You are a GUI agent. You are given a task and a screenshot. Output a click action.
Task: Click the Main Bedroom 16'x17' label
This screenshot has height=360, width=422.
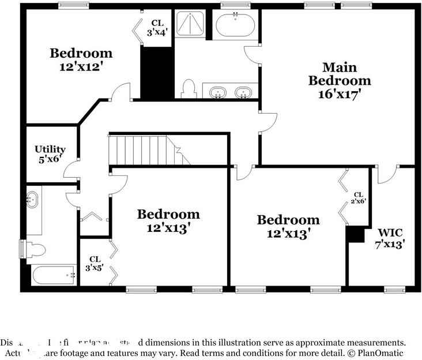pyautogui.click(x=339, y=81)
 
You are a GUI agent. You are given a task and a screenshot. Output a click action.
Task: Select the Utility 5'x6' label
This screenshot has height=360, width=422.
pyautogui.click(x=50, y=154)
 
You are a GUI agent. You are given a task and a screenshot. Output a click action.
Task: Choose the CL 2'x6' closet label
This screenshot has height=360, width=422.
pyautogui.click(x=359, y=198)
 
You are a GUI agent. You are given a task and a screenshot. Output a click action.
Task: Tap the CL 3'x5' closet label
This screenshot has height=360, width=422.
pyautogui.click(x=95, y=263)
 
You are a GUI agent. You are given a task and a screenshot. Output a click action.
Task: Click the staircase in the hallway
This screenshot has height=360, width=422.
pyautogui.click(x=147, y=150)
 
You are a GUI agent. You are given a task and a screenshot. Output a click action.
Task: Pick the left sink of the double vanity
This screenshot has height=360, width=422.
pyautogui.click(x=218, y=92)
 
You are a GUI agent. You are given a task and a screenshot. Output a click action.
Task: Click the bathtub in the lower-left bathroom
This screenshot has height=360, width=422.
pyautogui.click(x=54, y=275)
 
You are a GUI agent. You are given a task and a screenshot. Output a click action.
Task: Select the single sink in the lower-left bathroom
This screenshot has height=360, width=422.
pyautogui.click(x=32, y=200)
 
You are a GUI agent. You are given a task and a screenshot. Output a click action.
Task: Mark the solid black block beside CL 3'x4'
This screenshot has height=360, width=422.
pyautogui.click(x=157, y=73)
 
